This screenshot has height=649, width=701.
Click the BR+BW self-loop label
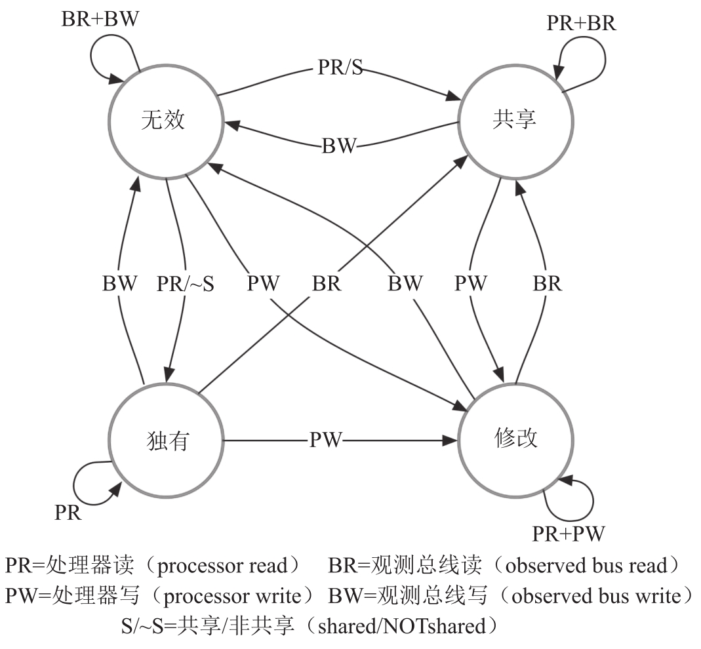pos(100,18)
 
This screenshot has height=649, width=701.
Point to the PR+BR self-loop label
pos(582,24)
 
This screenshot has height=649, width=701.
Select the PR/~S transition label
pos(186,284)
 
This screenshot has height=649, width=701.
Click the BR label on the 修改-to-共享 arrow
pos(547,284)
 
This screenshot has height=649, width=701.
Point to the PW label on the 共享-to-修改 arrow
pos(471,284)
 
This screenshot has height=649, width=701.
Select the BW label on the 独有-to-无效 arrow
pos(120,284)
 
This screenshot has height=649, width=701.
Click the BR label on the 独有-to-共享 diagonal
pos(327,284)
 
